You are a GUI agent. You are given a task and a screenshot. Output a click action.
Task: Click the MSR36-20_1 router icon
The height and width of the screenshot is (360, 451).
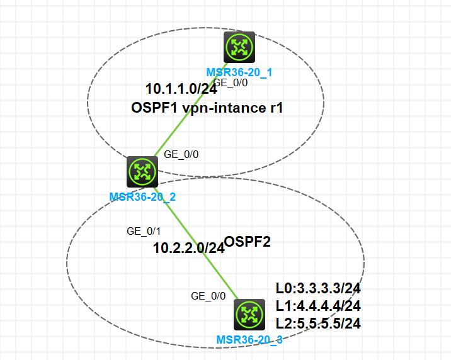239,48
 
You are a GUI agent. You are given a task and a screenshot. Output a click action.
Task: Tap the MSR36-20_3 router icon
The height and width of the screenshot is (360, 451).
250,315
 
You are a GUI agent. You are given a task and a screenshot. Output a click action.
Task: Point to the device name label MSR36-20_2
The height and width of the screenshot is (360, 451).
142,196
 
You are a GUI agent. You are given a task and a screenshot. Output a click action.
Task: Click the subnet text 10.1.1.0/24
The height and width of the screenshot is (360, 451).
177,89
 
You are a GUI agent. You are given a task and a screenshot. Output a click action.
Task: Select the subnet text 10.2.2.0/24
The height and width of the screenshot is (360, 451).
188,248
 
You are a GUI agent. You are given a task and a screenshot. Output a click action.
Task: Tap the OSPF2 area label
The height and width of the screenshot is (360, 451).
248,241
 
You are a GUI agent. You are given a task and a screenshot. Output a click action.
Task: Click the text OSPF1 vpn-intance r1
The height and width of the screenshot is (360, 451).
207,108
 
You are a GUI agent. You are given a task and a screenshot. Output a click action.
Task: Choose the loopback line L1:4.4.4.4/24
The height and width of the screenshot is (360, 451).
318,306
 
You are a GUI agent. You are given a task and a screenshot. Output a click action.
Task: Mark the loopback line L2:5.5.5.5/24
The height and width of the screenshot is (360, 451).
318,323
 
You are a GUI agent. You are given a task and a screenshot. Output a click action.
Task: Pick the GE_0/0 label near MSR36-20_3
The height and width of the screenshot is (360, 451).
208,296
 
